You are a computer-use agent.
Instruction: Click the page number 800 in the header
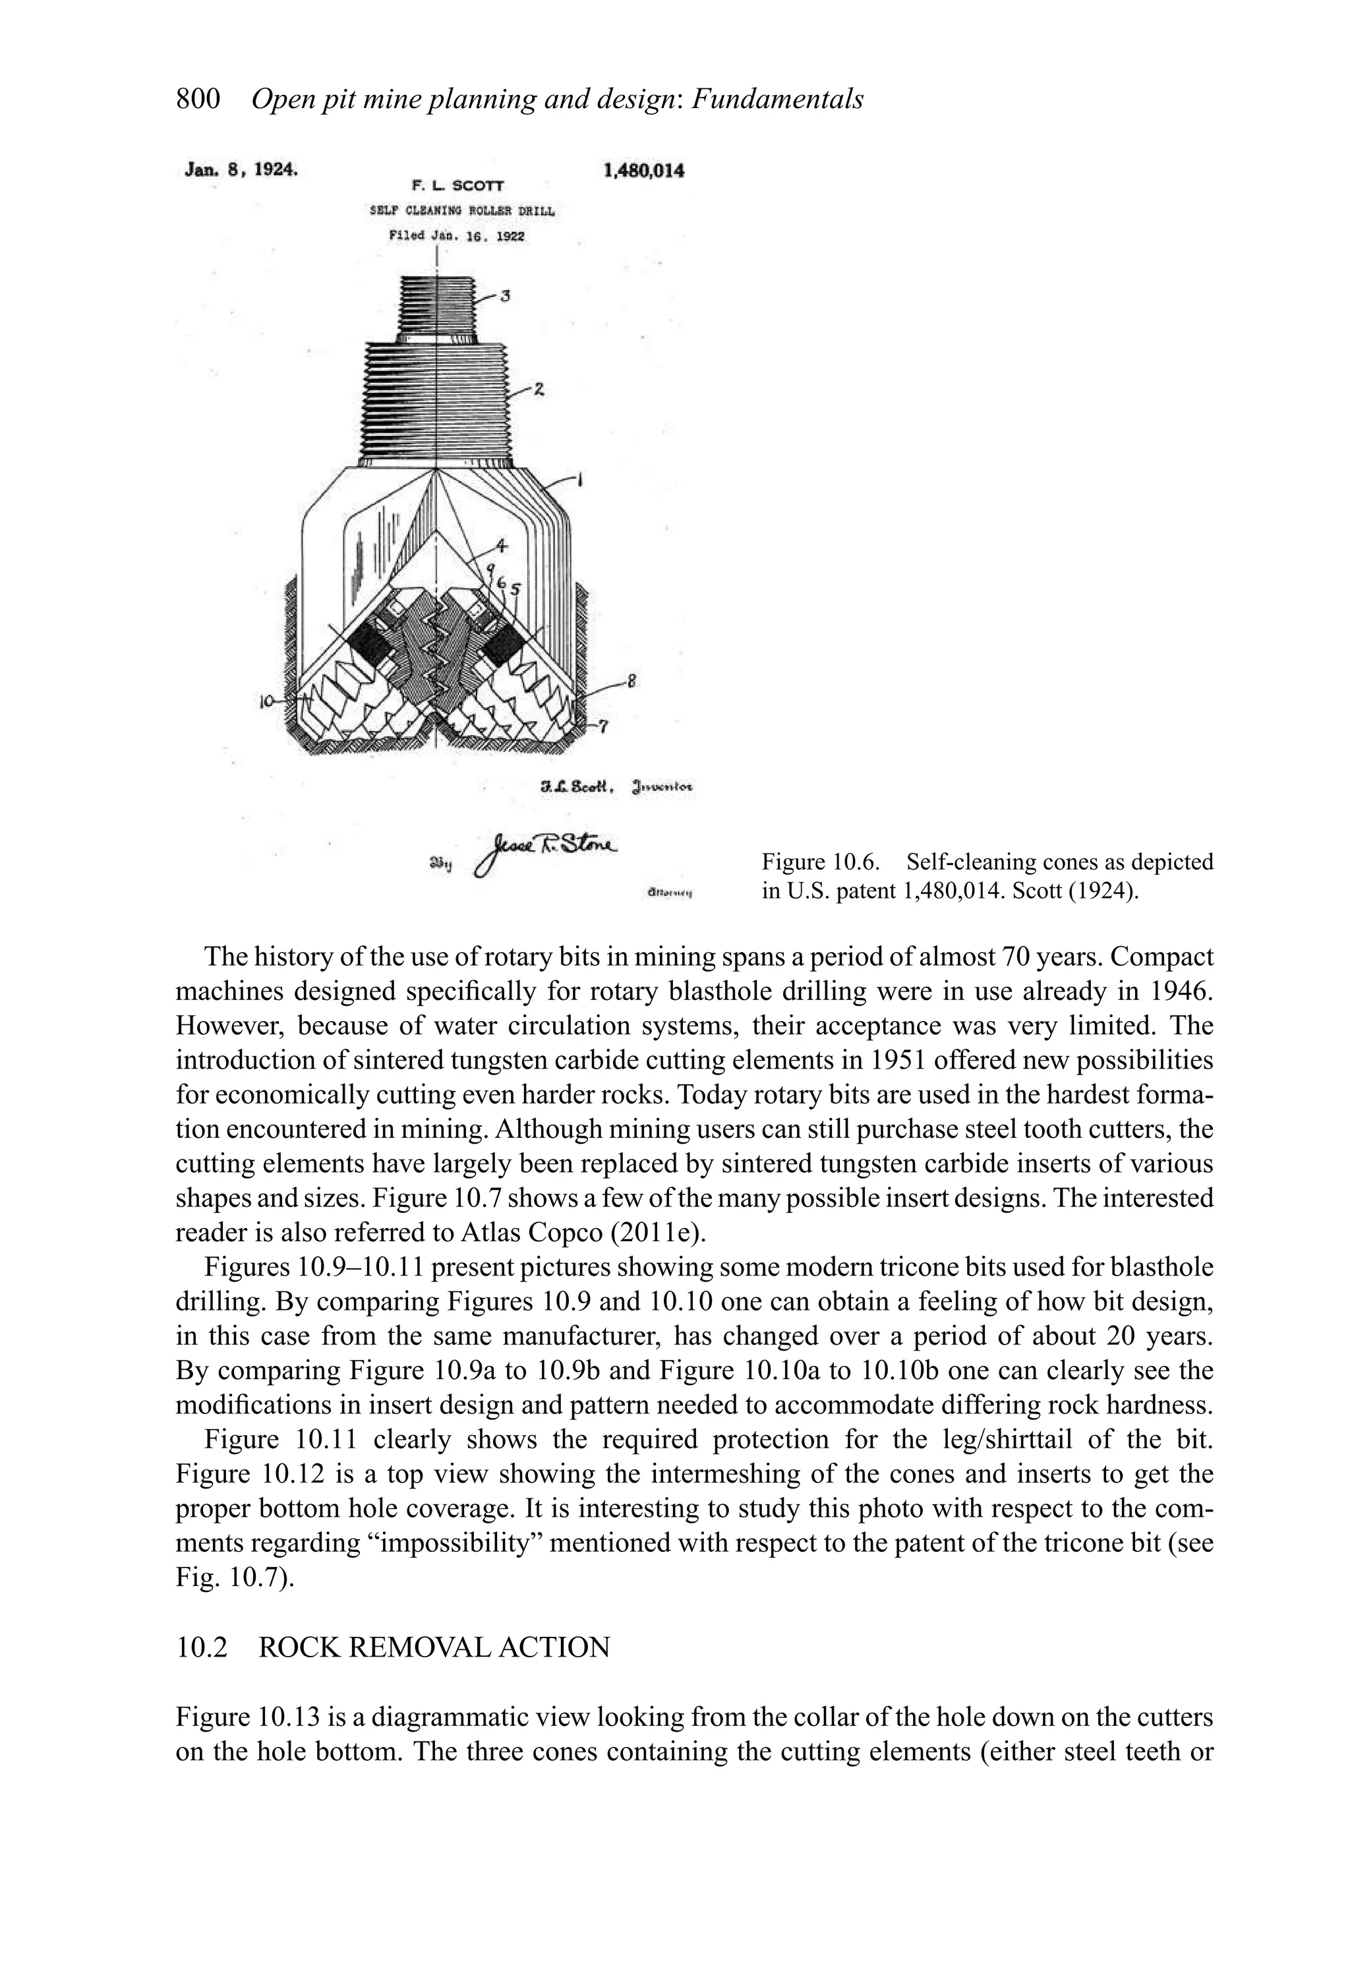click(198, 100)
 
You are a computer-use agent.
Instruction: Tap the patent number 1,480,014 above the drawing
click(643, 171)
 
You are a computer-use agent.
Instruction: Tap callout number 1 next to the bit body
click(580, 481)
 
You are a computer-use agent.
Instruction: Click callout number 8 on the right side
click(630, 680)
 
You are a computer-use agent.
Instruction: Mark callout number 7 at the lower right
click(604, 725)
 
